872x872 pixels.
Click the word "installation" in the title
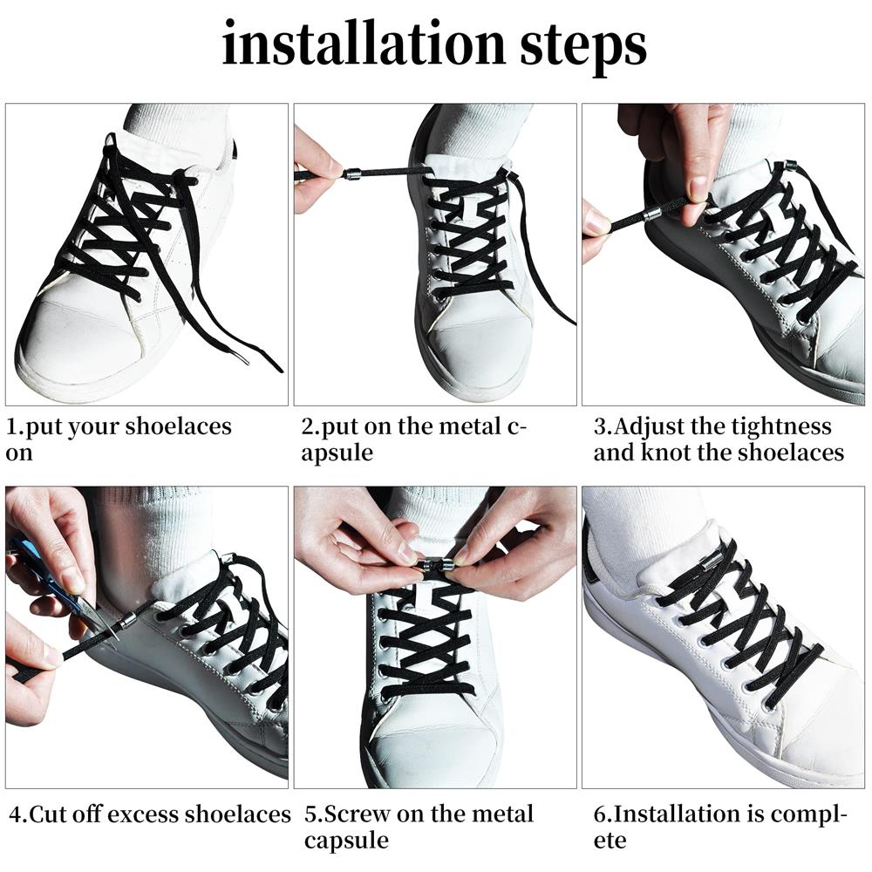click(364, 44)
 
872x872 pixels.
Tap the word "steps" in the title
click(583, 48)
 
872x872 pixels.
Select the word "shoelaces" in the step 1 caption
click(178, 426)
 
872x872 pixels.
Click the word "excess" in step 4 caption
click(142, 814)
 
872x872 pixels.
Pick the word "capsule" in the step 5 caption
click(346, 841)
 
